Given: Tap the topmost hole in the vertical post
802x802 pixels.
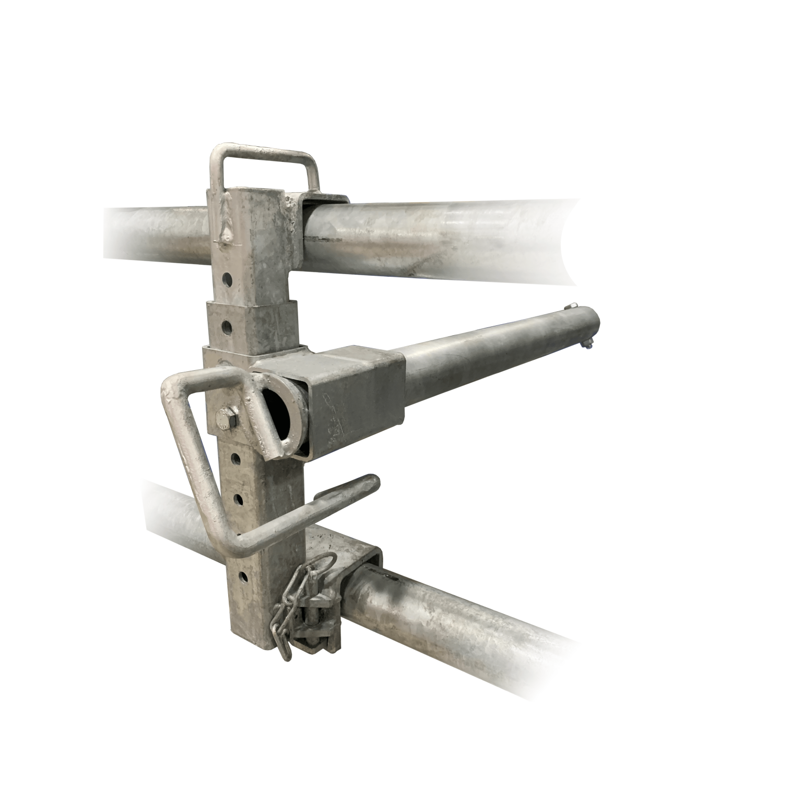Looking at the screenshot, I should [x=227, y=278].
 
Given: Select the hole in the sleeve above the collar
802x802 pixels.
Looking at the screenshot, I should [x=227, y=327].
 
